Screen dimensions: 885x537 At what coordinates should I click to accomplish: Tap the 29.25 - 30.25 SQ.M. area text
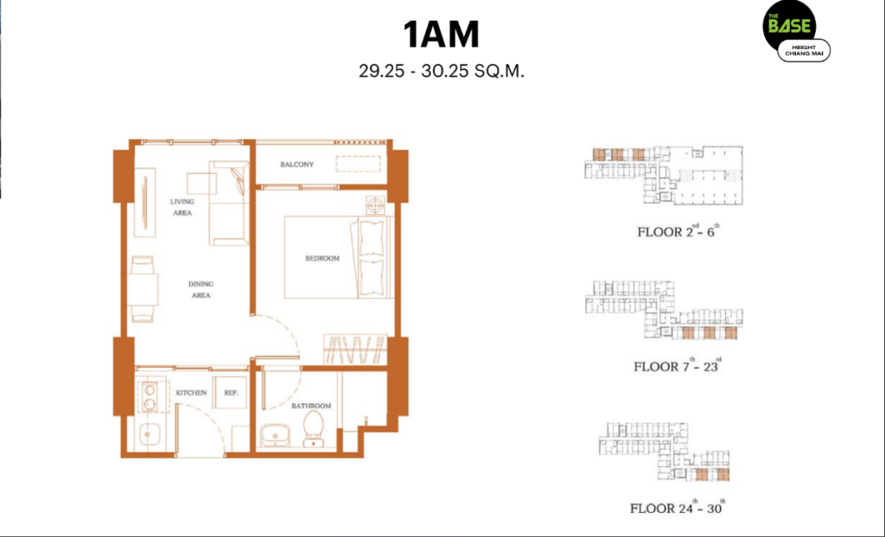pos(442,72)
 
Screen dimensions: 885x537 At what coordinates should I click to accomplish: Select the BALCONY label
pos(297,165)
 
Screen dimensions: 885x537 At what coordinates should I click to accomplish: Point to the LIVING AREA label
pos(182,207)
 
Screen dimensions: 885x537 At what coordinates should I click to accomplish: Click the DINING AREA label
pos(201,289)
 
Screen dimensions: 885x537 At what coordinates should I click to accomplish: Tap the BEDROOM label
pos(322,258)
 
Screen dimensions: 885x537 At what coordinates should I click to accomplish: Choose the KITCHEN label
pos(191,393)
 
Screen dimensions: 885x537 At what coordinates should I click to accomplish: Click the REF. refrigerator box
pos(230,393)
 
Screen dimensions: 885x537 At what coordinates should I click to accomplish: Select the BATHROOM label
pos(311,406)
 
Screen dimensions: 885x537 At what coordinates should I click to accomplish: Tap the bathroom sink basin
pos(275,436)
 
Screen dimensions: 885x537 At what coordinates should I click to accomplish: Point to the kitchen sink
pos(149,435)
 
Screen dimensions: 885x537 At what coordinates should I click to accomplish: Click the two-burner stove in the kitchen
pos(150,396)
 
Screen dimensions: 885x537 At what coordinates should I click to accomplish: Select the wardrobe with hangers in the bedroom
pos(355,349)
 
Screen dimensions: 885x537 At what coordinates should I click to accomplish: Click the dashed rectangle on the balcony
pos(359,163)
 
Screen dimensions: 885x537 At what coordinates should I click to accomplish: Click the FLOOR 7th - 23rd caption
pos(678,365)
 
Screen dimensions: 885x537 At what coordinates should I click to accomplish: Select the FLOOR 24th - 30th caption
pos(678,507)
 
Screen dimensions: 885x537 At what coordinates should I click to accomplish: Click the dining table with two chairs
pos(143,289)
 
